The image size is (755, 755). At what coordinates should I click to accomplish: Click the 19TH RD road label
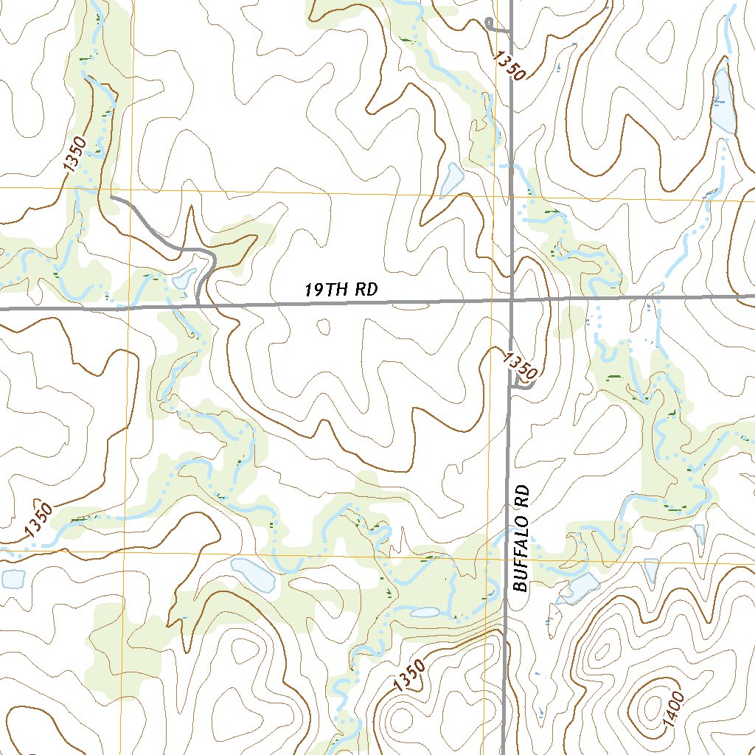tap(341, 290)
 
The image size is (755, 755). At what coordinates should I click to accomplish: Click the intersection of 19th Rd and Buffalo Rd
tap(512, 300)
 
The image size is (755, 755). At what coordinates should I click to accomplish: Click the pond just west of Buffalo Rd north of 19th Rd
tap(450, 179)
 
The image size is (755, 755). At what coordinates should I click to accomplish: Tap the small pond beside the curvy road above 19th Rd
tap(183, 279)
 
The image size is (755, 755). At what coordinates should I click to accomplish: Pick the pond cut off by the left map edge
tap(13, 579)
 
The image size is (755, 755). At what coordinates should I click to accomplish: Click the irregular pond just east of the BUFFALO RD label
tap(582, 587)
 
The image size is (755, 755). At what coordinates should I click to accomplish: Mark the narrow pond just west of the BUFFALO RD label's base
tap(425, 612)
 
